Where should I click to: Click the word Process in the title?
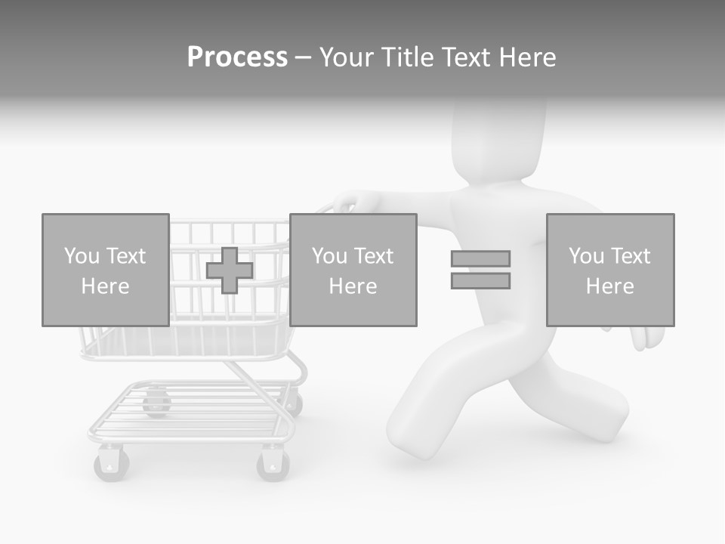tap(237, 57)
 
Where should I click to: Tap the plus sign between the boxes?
tap(230, 270)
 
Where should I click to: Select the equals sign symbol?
tap(480, 270)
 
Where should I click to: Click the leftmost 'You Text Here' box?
tap(105, 270)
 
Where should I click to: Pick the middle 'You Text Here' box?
tap(353, 270)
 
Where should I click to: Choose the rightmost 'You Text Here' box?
tap(609, 270)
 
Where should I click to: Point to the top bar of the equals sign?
tap(480, 258)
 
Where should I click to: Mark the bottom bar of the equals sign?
tap(480, 281)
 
